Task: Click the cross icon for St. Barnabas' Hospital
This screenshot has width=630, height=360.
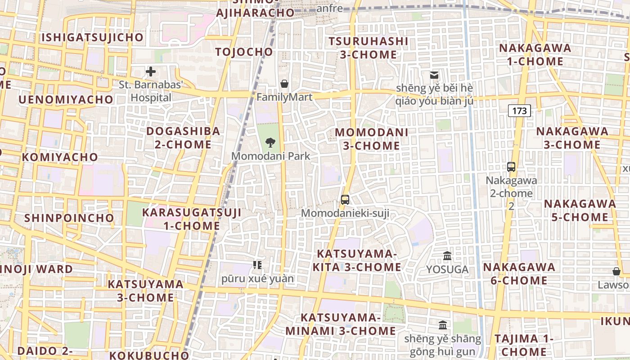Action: point(151,72)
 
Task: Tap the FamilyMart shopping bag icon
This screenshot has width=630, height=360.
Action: point(284,84)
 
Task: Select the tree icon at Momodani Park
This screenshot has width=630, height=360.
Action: point(270,143)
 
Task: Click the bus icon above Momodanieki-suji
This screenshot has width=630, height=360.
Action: point(345,199)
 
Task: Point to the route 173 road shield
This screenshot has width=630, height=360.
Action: point(519,111)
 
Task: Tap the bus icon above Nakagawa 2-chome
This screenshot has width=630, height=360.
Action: point(511,167)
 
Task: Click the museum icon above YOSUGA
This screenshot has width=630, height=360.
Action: point(447,256)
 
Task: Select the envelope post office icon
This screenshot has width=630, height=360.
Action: point(434,75)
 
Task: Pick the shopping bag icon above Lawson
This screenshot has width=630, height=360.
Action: point(616,271)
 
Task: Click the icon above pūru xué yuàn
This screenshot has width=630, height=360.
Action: point(257,265)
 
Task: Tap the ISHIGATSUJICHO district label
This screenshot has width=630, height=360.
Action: point(93,37)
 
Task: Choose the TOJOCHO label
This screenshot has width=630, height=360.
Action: point(244,52)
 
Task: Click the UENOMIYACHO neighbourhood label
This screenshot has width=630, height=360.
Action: point(66,99)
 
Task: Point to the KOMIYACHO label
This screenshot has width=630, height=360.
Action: point(60,157)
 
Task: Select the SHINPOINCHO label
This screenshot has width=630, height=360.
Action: point(69,218)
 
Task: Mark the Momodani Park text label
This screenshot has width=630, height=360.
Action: point(271,156)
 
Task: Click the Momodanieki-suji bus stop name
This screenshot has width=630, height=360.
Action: point(345,213)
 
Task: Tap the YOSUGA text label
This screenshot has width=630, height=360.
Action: point(447,270)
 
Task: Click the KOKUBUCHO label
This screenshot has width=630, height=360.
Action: point(149,355)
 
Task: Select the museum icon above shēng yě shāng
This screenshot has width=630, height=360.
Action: point(443,325)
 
